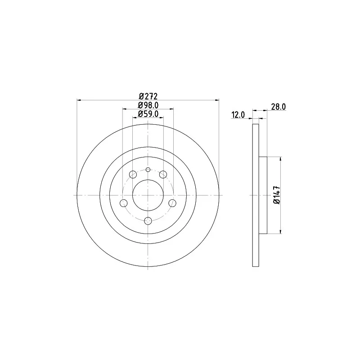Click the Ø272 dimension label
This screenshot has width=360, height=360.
click(148, 96)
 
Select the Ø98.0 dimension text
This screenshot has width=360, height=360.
click(148, 105)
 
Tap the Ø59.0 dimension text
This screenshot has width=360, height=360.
click(148, 114)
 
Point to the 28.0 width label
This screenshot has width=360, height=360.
click(279, 107)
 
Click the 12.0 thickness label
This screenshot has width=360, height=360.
click(238, 115)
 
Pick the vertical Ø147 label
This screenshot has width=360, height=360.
click(277, 195)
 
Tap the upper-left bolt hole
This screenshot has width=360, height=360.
click(133, 175)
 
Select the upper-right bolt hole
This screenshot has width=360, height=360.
click(163, 175)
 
